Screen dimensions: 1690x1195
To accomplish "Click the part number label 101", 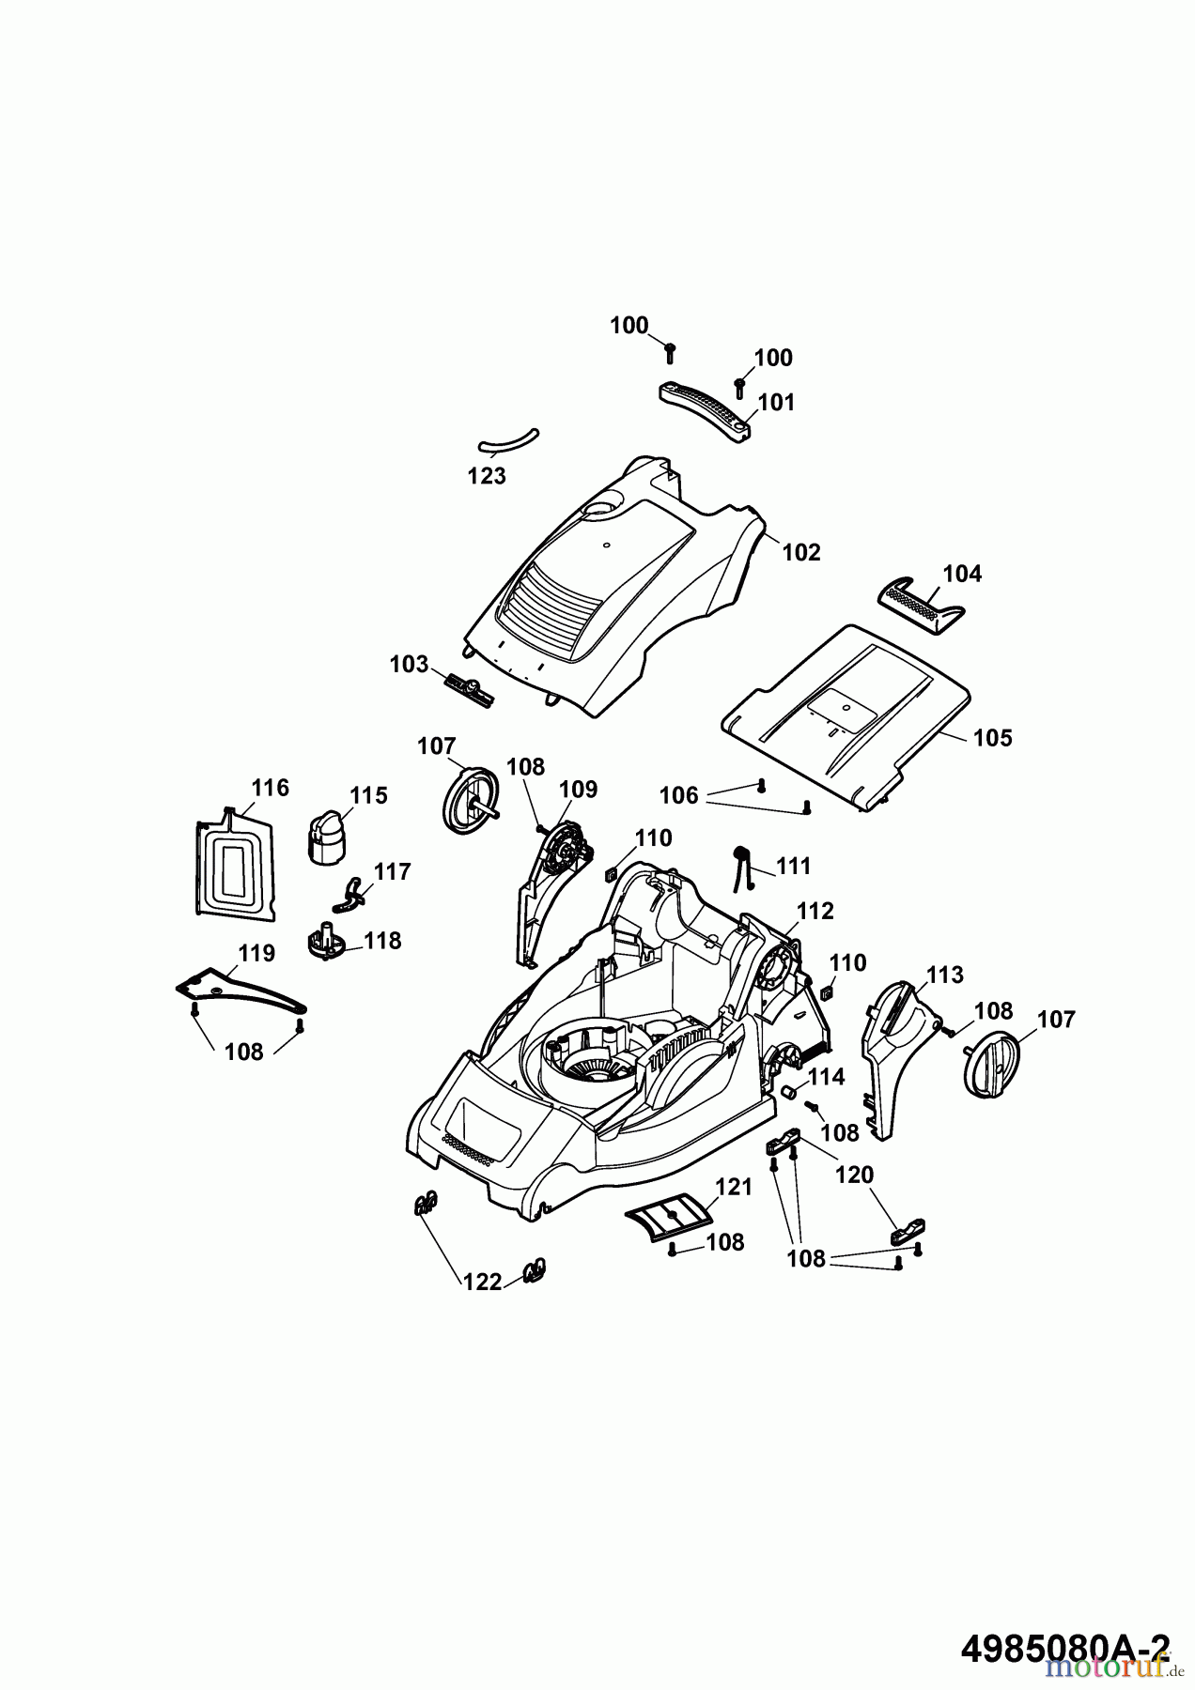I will click(x=776, y=403).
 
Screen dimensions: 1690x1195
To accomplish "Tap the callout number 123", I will click(x=487, y=476).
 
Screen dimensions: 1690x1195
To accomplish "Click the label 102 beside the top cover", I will click(x=801, y=552).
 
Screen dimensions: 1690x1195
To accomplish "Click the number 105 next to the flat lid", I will click(x=992, y=738).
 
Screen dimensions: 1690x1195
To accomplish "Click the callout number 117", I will click(x=392, y=872).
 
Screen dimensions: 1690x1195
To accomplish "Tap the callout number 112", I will click(x=815, y=911).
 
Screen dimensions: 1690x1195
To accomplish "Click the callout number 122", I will click(x=482, y=1282).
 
